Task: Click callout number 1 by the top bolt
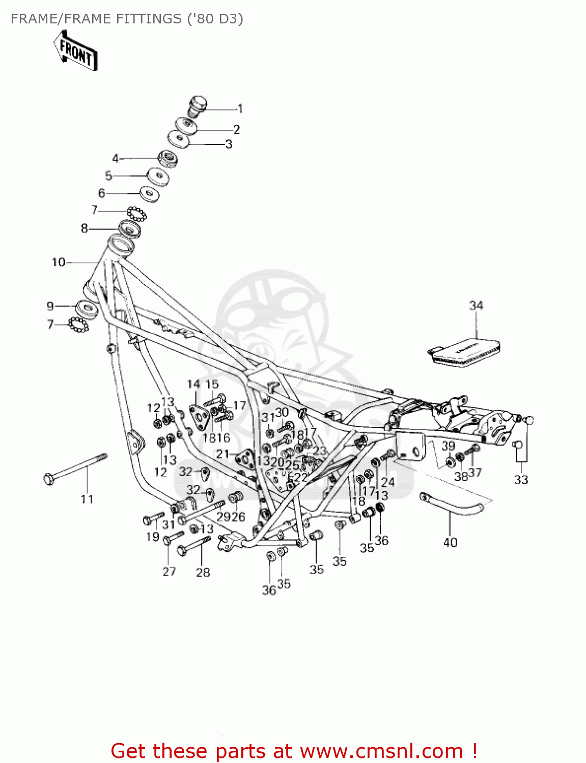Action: click(240, 109)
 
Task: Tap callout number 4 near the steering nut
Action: click(115, 159)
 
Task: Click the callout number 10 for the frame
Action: click(59, 262)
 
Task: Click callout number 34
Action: click(476, 305)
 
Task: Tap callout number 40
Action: click(450, 543)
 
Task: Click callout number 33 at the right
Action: click(521, 480)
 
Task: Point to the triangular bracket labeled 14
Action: click(199, 416)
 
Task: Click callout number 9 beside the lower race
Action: click(50, 306)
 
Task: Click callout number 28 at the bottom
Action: click(203, 572)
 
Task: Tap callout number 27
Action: click(169, 571)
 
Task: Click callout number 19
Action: click(153, 537)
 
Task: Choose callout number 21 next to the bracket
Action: click(222, 454)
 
